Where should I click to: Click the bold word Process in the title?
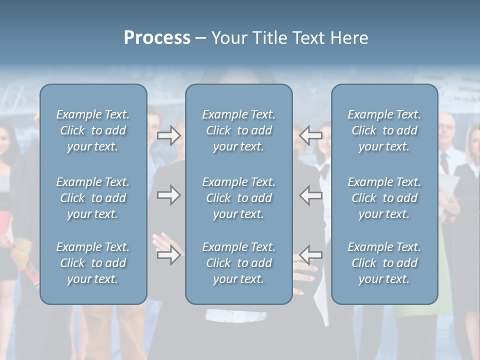coord(157,38)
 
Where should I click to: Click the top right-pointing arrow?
coord(169,135)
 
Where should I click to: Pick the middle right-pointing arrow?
coord(169,195)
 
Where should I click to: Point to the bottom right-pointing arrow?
coord(169,255)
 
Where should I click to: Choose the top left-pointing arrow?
coord(311,135)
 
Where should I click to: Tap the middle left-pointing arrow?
coord(311,195)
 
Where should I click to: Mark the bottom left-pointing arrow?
coord(311,255)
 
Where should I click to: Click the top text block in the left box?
coord(93,130)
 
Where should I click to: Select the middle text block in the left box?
coord(93,198)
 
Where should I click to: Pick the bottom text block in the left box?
coord(93,263)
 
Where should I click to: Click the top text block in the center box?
coord(238,130)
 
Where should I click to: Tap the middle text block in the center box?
coord(238,198)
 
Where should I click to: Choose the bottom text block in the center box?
coord(238,263)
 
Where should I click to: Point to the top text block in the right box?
coord(384,130)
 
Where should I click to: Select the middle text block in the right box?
coord(384,198)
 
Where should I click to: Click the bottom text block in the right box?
coord(384,263)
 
